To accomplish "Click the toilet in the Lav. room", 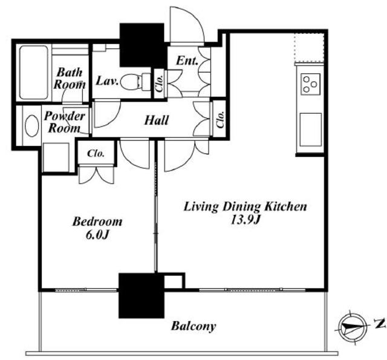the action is [135, 81].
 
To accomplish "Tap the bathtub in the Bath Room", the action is [34, 73].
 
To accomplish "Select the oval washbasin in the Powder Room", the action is [32, 126].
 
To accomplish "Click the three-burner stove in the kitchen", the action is [310, 84].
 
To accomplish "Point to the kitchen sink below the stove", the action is [311, 129].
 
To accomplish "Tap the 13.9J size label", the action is [245, 220].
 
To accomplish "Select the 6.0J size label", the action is [97, 235].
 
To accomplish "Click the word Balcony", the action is [193, 326].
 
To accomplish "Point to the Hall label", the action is [157, 120].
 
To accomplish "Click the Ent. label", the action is [187, 61].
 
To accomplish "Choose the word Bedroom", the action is [97, 221].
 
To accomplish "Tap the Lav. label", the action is [107, 80].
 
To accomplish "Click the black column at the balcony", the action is [141, 295].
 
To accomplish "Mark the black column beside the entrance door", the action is [142, 45].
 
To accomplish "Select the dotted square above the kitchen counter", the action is [309, 48].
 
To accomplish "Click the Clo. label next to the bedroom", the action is [96, 153].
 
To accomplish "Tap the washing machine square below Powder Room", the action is [56, 157].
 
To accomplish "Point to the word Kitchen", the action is [285, 206].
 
